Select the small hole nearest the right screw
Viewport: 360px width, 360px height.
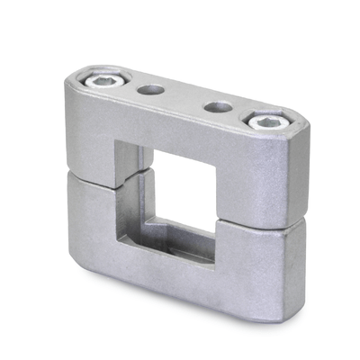click(216, 107)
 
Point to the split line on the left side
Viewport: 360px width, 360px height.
click(90, 179)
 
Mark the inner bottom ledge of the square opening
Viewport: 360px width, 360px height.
click(175, 236)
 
